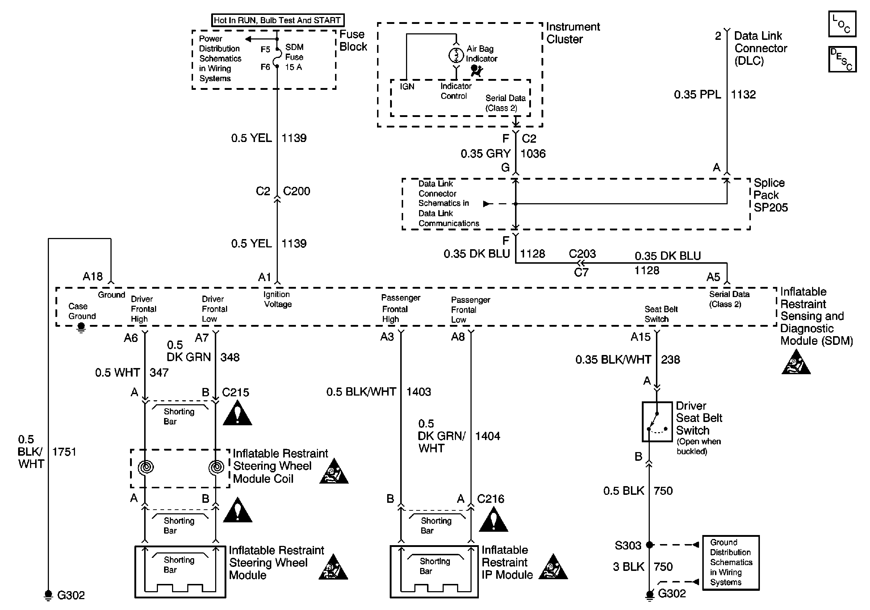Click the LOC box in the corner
point(842,24)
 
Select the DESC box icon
point(842,59)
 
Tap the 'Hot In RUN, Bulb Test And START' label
point(277,20)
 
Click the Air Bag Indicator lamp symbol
point(456,55)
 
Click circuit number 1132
point(743,94)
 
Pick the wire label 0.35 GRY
point(485,154)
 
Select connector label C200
point(296,191)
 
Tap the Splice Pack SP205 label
point(770,195)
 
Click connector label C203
point(582,254)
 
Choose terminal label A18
point(92,277)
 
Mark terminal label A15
point(640,337)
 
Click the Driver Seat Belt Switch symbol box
point(657,422)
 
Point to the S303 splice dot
point(649,545)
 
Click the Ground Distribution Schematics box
point(731,563)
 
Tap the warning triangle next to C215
point(238,413)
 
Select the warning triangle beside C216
point(493,520)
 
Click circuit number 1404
point(487,436)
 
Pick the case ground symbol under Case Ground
point(81,327)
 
